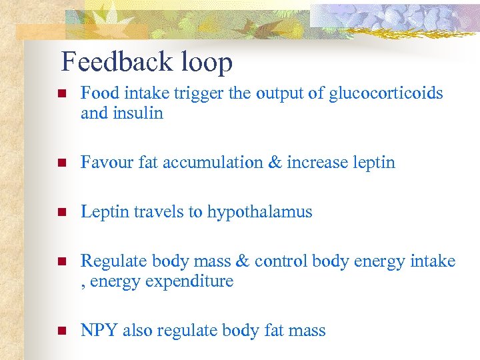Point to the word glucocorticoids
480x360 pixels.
tap(385, 93)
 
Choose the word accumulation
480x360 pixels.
tap(213, 163)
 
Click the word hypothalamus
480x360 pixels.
tap(259, 212)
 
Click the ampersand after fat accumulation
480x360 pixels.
tap(274, 163)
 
